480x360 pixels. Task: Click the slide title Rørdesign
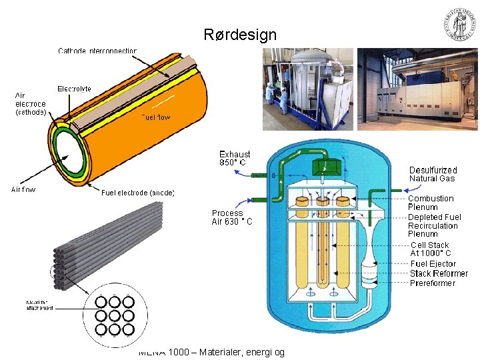click(240, 35)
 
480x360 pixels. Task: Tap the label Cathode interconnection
click(97, 51)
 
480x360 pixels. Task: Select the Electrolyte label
click(74, 89)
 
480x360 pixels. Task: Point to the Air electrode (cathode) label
click(31, 104)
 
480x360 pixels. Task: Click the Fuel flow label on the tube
click(155, 117)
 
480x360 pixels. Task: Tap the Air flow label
click(23, 189)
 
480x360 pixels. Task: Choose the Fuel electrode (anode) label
click(138, 193)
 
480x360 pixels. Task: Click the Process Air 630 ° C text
click(232, 217)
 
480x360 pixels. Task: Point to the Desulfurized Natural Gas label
click(433, 174)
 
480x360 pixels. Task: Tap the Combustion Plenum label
click(431, 203)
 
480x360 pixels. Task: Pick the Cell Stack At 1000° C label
click(430, 249)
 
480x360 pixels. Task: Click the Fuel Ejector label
click(433, 264)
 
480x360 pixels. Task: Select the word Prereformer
click(433, 283)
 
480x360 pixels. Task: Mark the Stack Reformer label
click(439, 273)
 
